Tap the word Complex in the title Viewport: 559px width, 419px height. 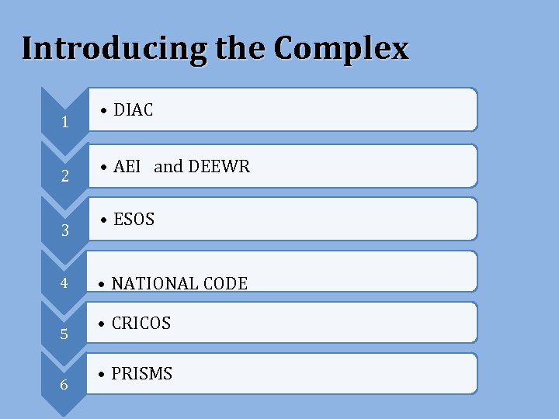point(341,49)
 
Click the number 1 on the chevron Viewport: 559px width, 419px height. point(65,123)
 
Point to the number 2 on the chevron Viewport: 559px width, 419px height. point(65,177)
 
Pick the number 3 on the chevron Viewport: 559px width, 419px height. point(65,230)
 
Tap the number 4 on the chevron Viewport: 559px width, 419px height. point(64,283)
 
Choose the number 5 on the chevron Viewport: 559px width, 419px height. point(64,335)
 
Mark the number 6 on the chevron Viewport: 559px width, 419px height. point(64,386)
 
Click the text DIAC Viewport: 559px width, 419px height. point(134,110)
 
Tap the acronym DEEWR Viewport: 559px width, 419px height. point(219,166)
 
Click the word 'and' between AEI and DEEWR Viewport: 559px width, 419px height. point(168,166)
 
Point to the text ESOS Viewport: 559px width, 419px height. point(134,220)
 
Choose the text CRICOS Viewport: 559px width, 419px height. point(141,324)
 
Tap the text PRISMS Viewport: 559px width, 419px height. point(142,374)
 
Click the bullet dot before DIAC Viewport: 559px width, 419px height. point(103,111)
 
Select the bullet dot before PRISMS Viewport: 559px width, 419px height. point(102,375)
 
